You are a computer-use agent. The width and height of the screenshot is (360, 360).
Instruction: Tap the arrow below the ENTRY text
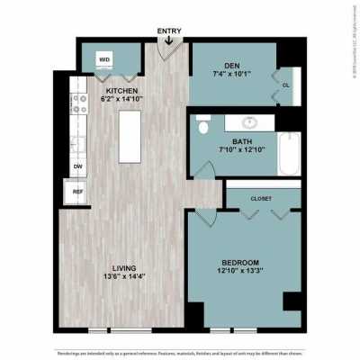click(x=169, y=40)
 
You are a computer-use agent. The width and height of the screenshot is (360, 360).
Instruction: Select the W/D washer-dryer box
click(x=105, y=61)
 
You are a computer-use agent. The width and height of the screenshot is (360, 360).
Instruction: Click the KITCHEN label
click(x=121, y=91)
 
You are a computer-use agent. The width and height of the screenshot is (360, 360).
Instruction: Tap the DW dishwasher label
click(x=76, y=166)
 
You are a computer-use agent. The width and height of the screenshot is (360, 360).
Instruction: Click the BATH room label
click(x=241, y=141)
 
